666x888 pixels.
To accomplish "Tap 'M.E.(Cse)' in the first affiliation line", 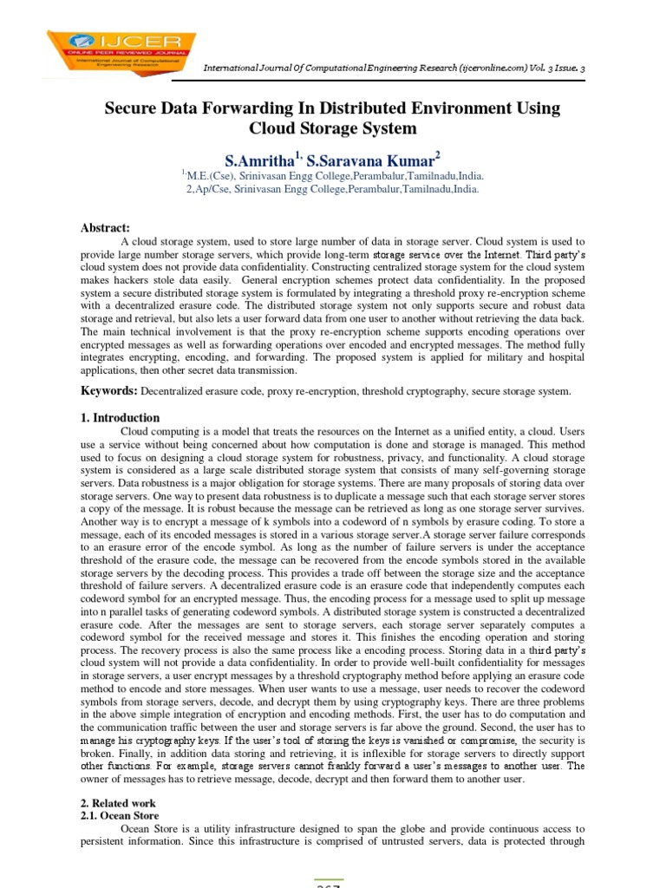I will (x=211, y=174).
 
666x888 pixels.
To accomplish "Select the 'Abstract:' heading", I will (x=105, y=227).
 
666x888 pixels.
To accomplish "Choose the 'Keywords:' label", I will (x=108, y=391).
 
